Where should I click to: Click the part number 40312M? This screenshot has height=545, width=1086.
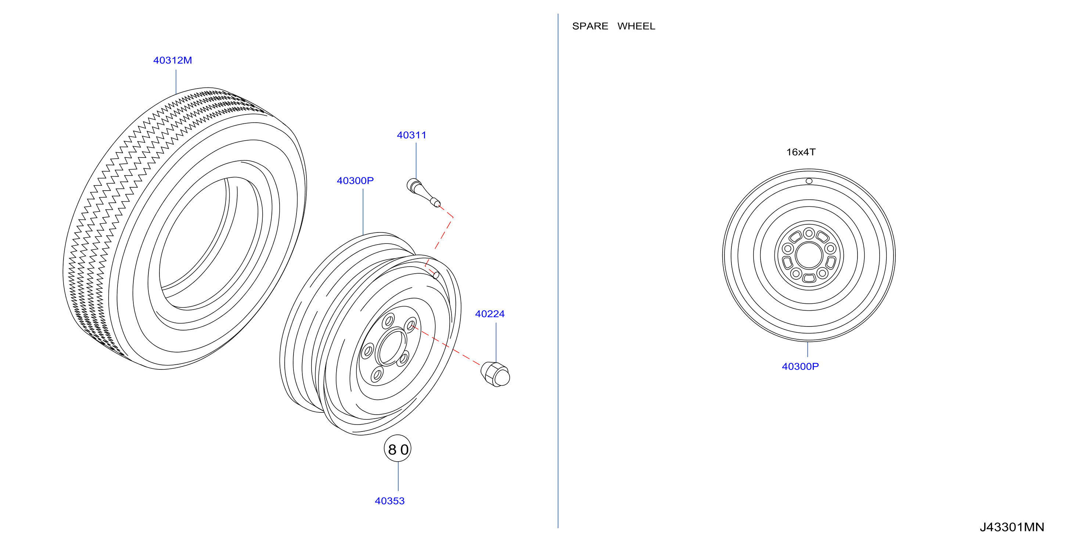[x=172, y=60]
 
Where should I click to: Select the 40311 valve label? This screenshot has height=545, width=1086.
[x=411, y=135]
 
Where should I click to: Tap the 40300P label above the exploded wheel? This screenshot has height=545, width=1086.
[x=355, y=181]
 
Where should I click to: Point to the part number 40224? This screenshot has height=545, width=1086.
[x=490, y=314]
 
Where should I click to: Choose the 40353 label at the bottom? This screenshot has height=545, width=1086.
[x=389, y=501]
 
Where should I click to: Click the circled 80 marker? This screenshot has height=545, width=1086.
[x=398, y=448]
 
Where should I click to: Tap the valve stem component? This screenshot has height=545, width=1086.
[x=423, y=193]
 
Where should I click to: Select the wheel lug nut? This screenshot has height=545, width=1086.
[x=495, y=374]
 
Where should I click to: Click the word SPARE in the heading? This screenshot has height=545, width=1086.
[x=590, y=26]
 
